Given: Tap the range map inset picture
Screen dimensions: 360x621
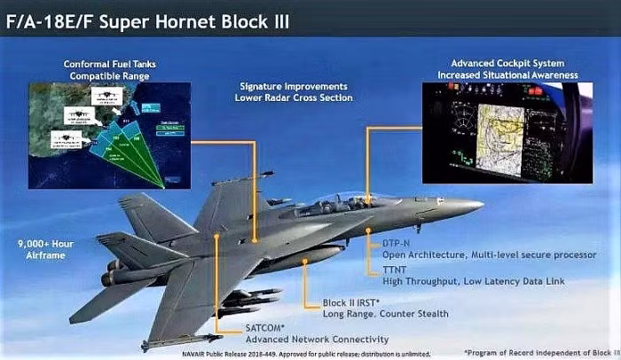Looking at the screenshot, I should pyautogui.click(x=109, y=133).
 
